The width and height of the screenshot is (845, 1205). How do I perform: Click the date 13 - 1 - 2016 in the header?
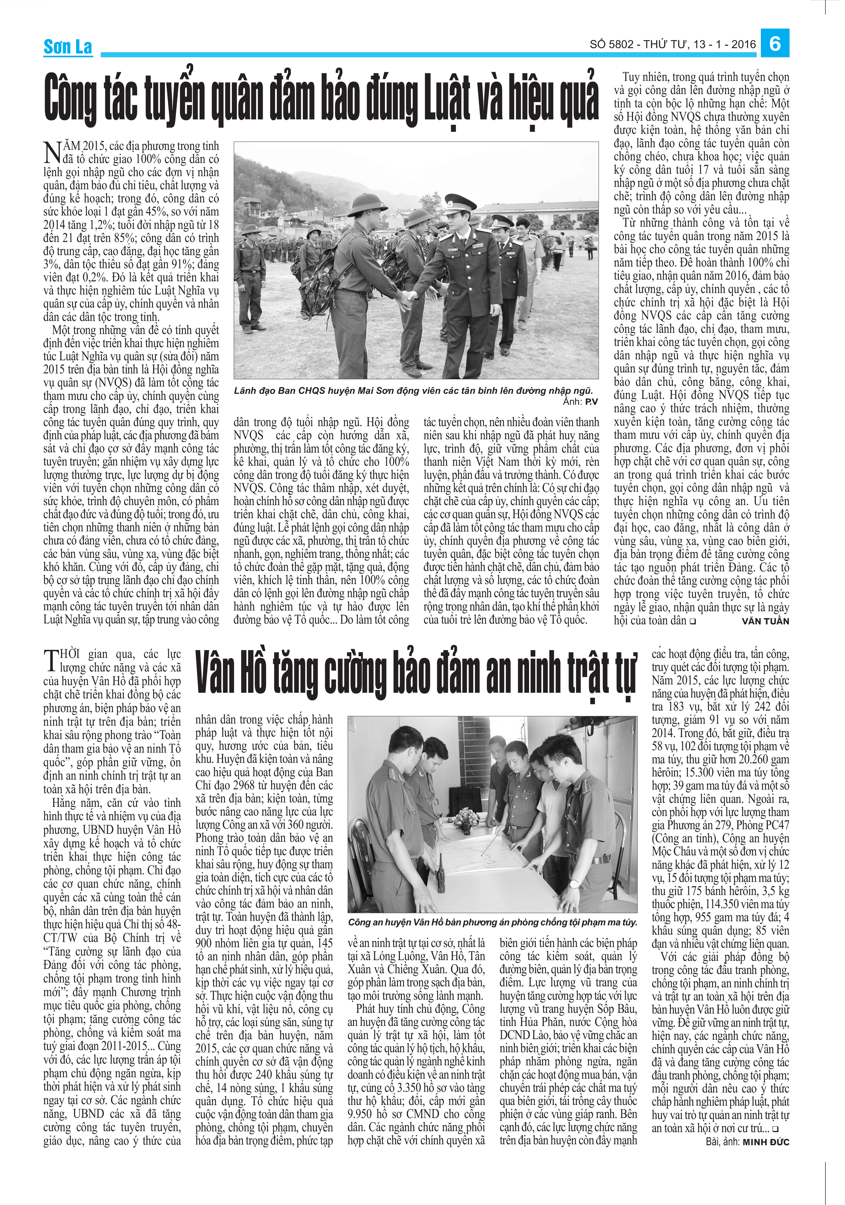[x=724, y=45]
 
